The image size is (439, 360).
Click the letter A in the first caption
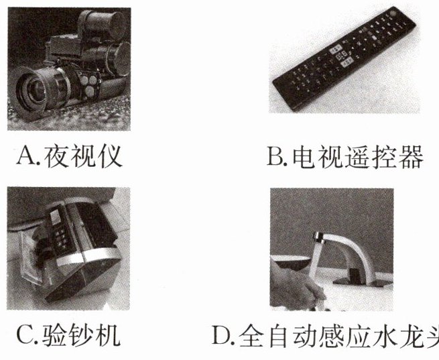click(25, 156)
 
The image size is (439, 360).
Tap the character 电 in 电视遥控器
click(304, 157)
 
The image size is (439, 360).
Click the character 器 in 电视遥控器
click(411, 157)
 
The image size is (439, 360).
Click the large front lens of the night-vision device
click(34, 90)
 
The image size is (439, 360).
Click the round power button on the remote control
click(391, 14)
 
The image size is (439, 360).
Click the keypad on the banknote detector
click(60, 233)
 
